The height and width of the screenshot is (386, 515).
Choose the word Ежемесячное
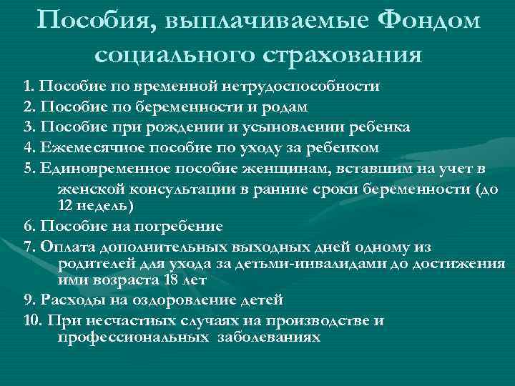click(91, 148)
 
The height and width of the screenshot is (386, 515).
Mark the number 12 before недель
click(64, 205)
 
